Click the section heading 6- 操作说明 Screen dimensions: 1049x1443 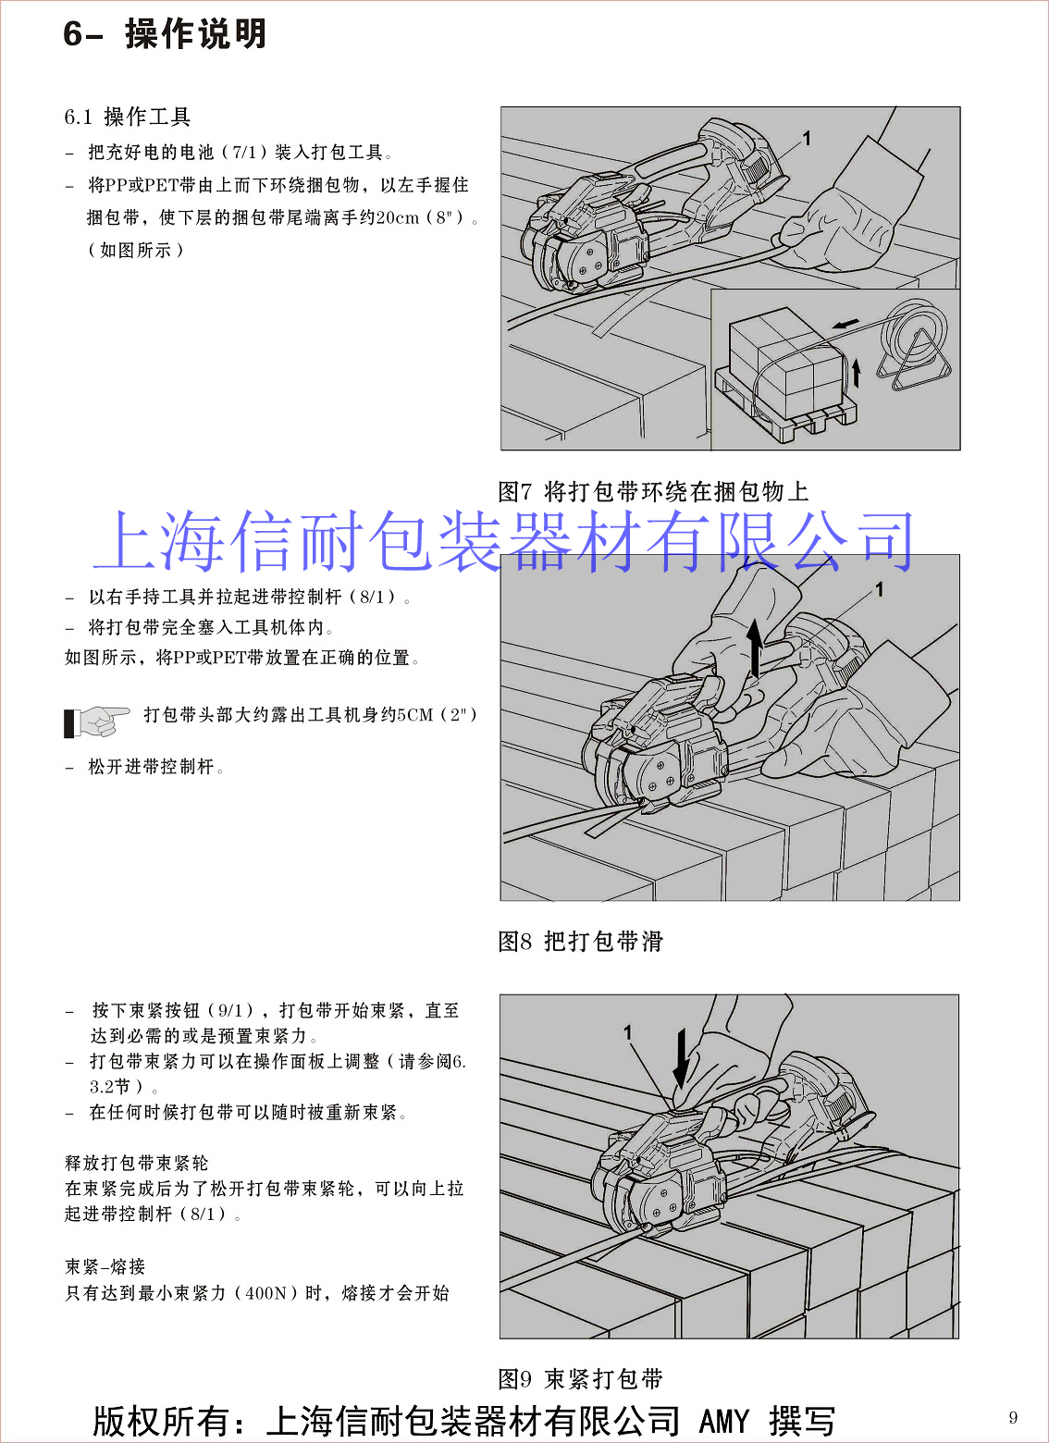click(165, 33)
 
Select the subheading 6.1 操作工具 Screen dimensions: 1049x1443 click(127, 117)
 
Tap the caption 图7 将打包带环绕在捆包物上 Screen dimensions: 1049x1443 click(653, 491)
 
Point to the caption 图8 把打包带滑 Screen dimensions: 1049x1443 click(580, 941)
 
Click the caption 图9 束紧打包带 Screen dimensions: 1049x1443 click(580, 1378)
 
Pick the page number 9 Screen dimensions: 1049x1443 click(1013, 1417)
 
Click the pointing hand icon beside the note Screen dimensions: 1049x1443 click(96, 721)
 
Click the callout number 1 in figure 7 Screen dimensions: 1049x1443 click(806, 139)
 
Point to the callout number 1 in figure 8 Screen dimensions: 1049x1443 click(879, 589)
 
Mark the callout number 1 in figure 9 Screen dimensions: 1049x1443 click(627, 1032)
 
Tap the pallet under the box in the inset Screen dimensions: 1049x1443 click(787, 405)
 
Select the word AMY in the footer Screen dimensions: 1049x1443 click(724, 1421)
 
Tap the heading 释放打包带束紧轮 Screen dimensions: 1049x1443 click(137, 1163)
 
